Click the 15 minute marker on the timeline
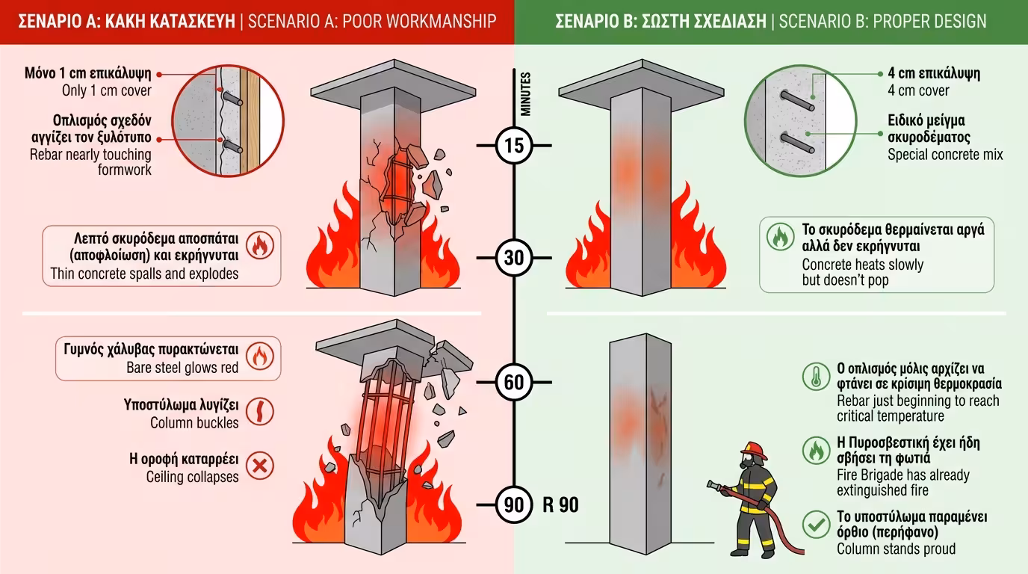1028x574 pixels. click(x=514, y=145)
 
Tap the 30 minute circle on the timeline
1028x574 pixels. click(x=514, y=259)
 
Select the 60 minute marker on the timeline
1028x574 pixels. click(x=514, y=383)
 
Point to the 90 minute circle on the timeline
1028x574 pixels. click(x=514, y=505)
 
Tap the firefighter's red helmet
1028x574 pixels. click(x=755, y=451)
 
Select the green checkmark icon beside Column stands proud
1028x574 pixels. click(x=816, y=524)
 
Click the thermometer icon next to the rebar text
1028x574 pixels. click(x=816, y=377)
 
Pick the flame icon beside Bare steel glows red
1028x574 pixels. click(x=260, y=357)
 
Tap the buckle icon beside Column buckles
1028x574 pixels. click(x=260, y=412)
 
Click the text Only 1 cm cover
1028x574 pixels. click(x=107, y=91)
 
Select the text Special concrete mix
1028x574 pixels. click(x=945, y=155)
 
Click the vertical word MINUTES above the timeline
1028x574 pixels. click(x=526, y=93)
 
